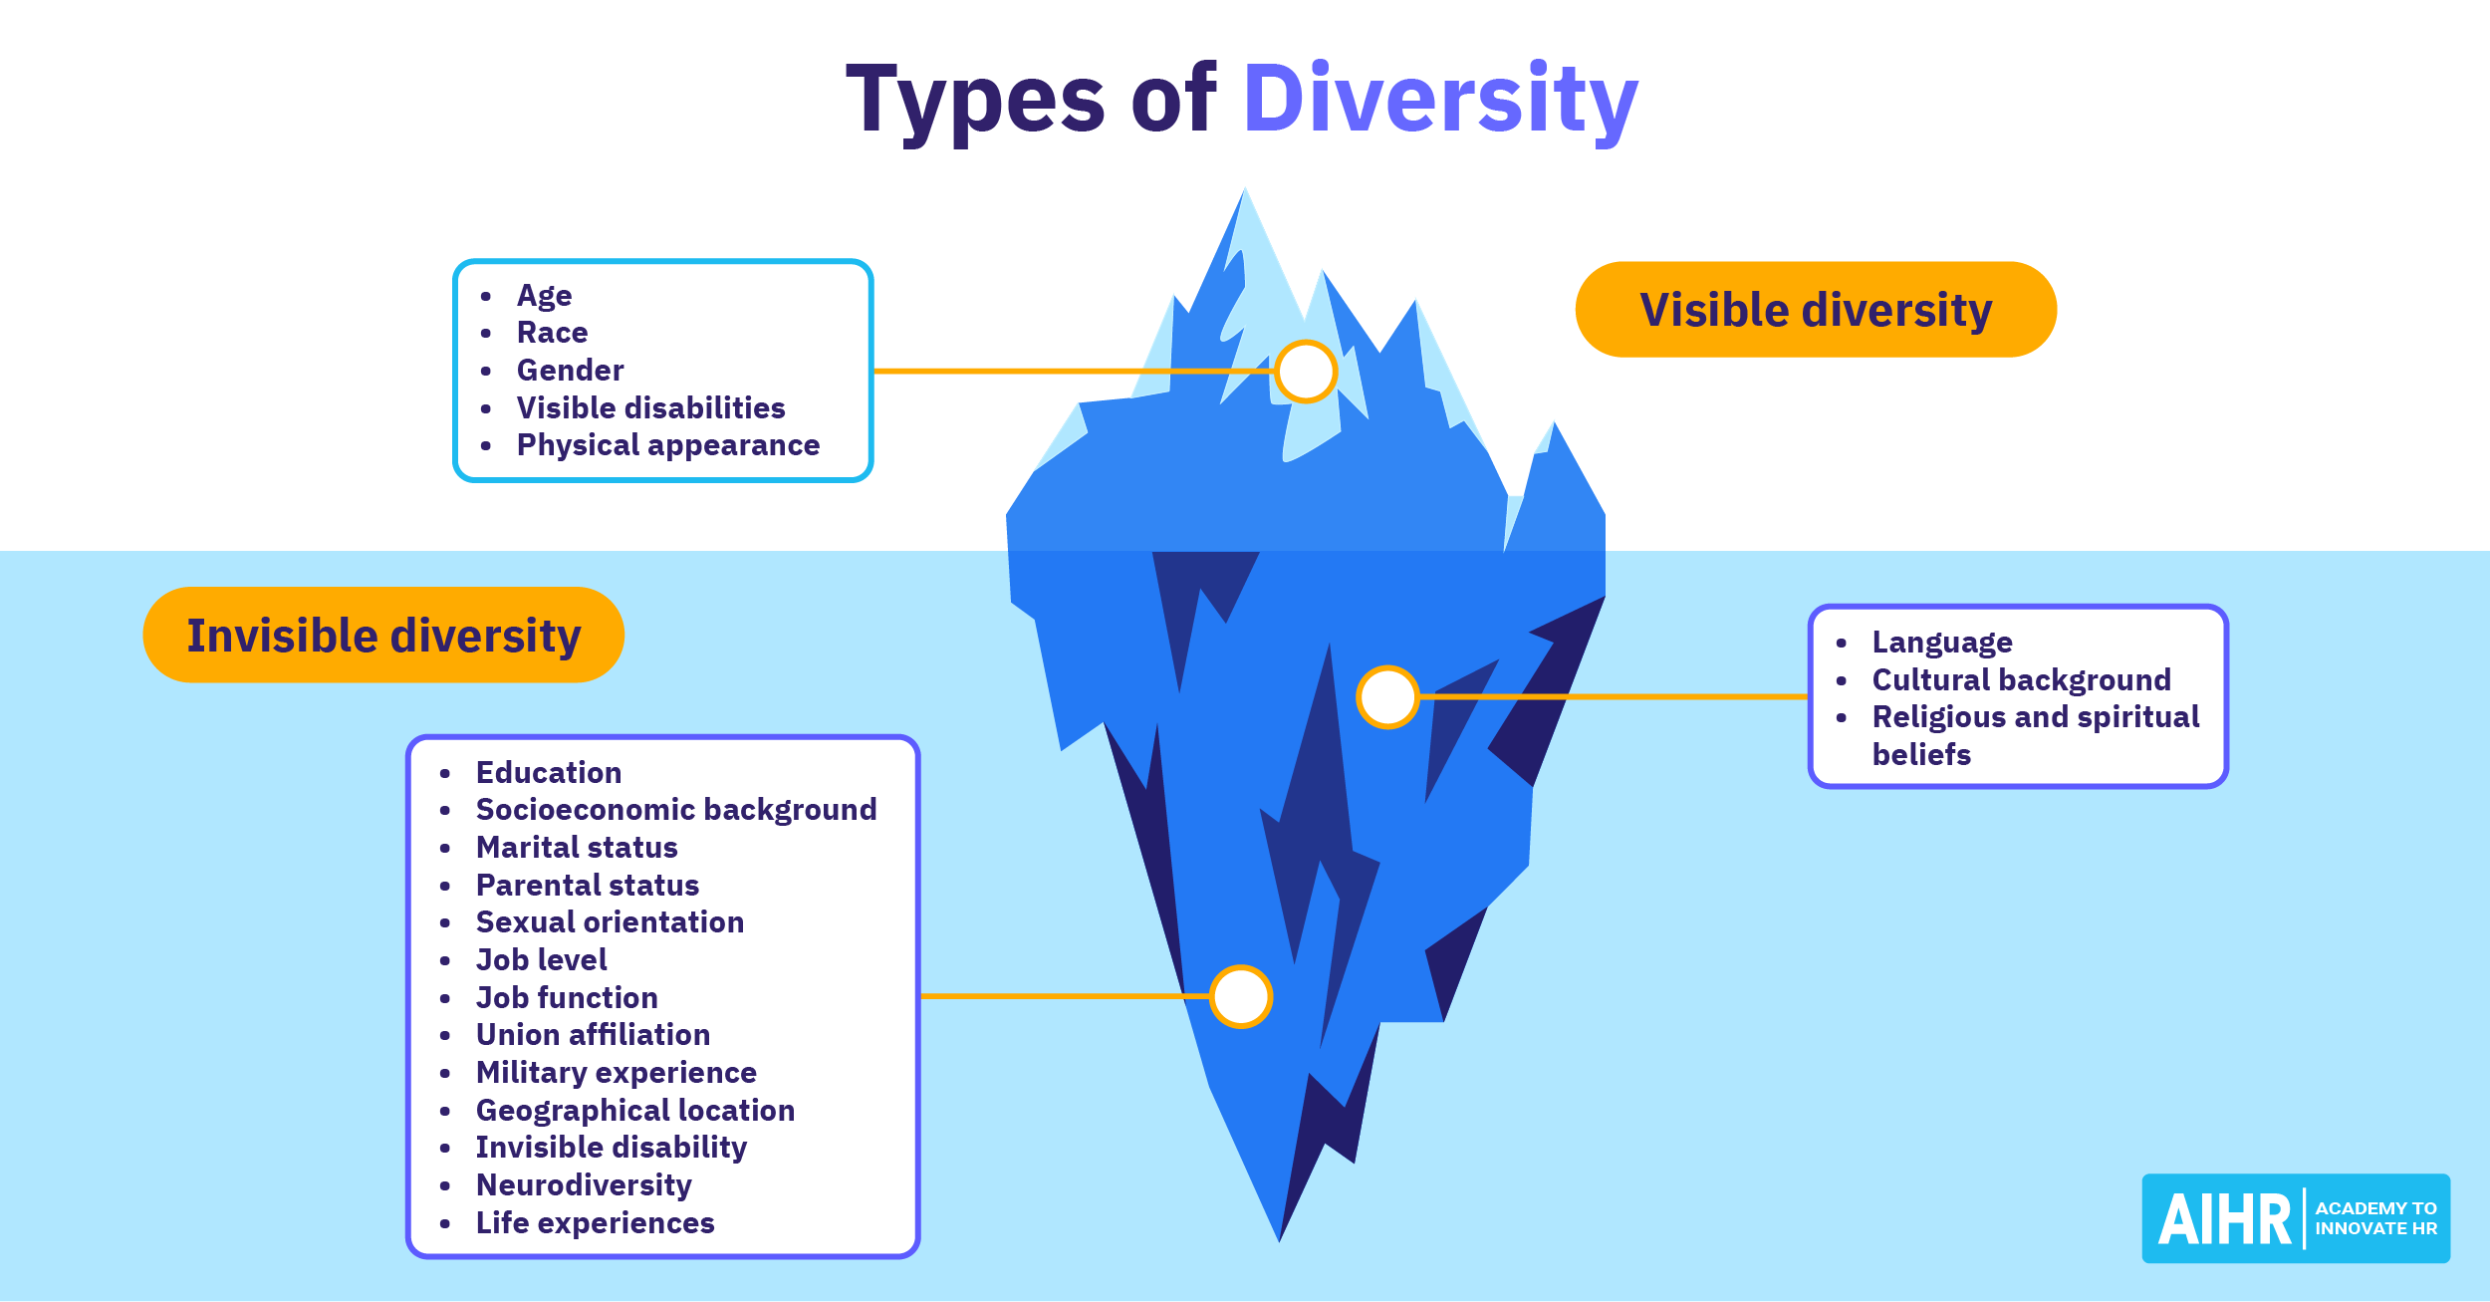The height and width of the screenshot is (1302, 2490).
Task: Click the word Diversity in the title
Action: pyautogui.click(x=1440, y=101)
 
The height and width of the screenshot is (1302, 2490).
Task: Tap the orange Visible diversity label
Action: pyautogui.click(x=1816, y=309)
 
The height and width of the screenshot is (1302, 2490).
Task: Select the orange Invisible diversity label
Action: pyautogui.click(x=383, y=635)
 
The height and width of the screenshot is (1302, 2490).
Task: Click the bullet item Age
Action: pyautogui.click(x=544, y=295)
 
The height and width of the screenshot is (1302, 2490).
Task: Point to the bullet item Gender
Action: pyautogui.click(x=570, y=370)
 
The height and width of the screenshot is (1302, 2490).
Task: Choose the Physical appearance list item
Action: pyautogui.click(x=667, y=445)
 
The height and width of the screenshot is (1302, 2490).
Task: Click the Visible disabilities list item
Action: pyautogui.click(x=650, y=407)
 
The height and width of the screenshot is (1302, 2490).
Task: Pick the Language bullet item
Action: pyautogui.click(x=1942, y=643)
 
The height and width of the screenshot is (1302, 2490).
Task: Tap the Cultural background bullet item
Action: pyautogui.click(x=2021, y=679)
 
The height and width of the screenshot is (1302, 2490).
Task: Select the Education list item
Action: pyautogui.click(x=549, y=772)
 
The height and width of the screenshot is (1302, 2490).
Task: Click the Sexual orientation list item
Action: pyautogui.click(x=610, y=921)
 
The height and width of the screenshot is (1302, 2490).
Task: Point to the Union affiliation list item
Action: pyautogui.click(x=593, y=1034)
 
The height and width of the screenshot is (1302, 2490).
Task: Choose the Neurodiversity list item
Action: pyautogui.click(x=584, y=1184)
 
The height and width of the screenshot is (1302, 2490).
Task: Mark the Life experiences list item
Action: pyautogui.click(x=595, y=1222)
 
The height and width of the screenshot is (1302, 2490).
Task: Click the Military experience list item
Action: pyautogui.click(x=616, y=1072)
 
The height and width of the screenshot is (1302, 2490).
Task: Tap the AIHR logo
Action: pyautogui.click(x=2296, y=1218)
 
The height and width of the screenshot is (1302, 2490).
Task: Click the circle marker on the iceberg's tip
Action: pyautogui.click(x=1306, y=372)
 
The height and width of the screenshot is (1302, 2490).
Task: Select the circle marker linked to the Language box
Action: pyautogui.click(x=1387, y=697)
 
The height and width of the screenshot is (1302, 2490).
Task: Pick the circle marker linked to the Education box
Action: pyautogui.click(x=1241, y=996)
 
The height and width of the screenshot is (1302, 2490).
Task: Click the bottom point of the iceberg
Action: pyautogui.click(x=1280, y=1241)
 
